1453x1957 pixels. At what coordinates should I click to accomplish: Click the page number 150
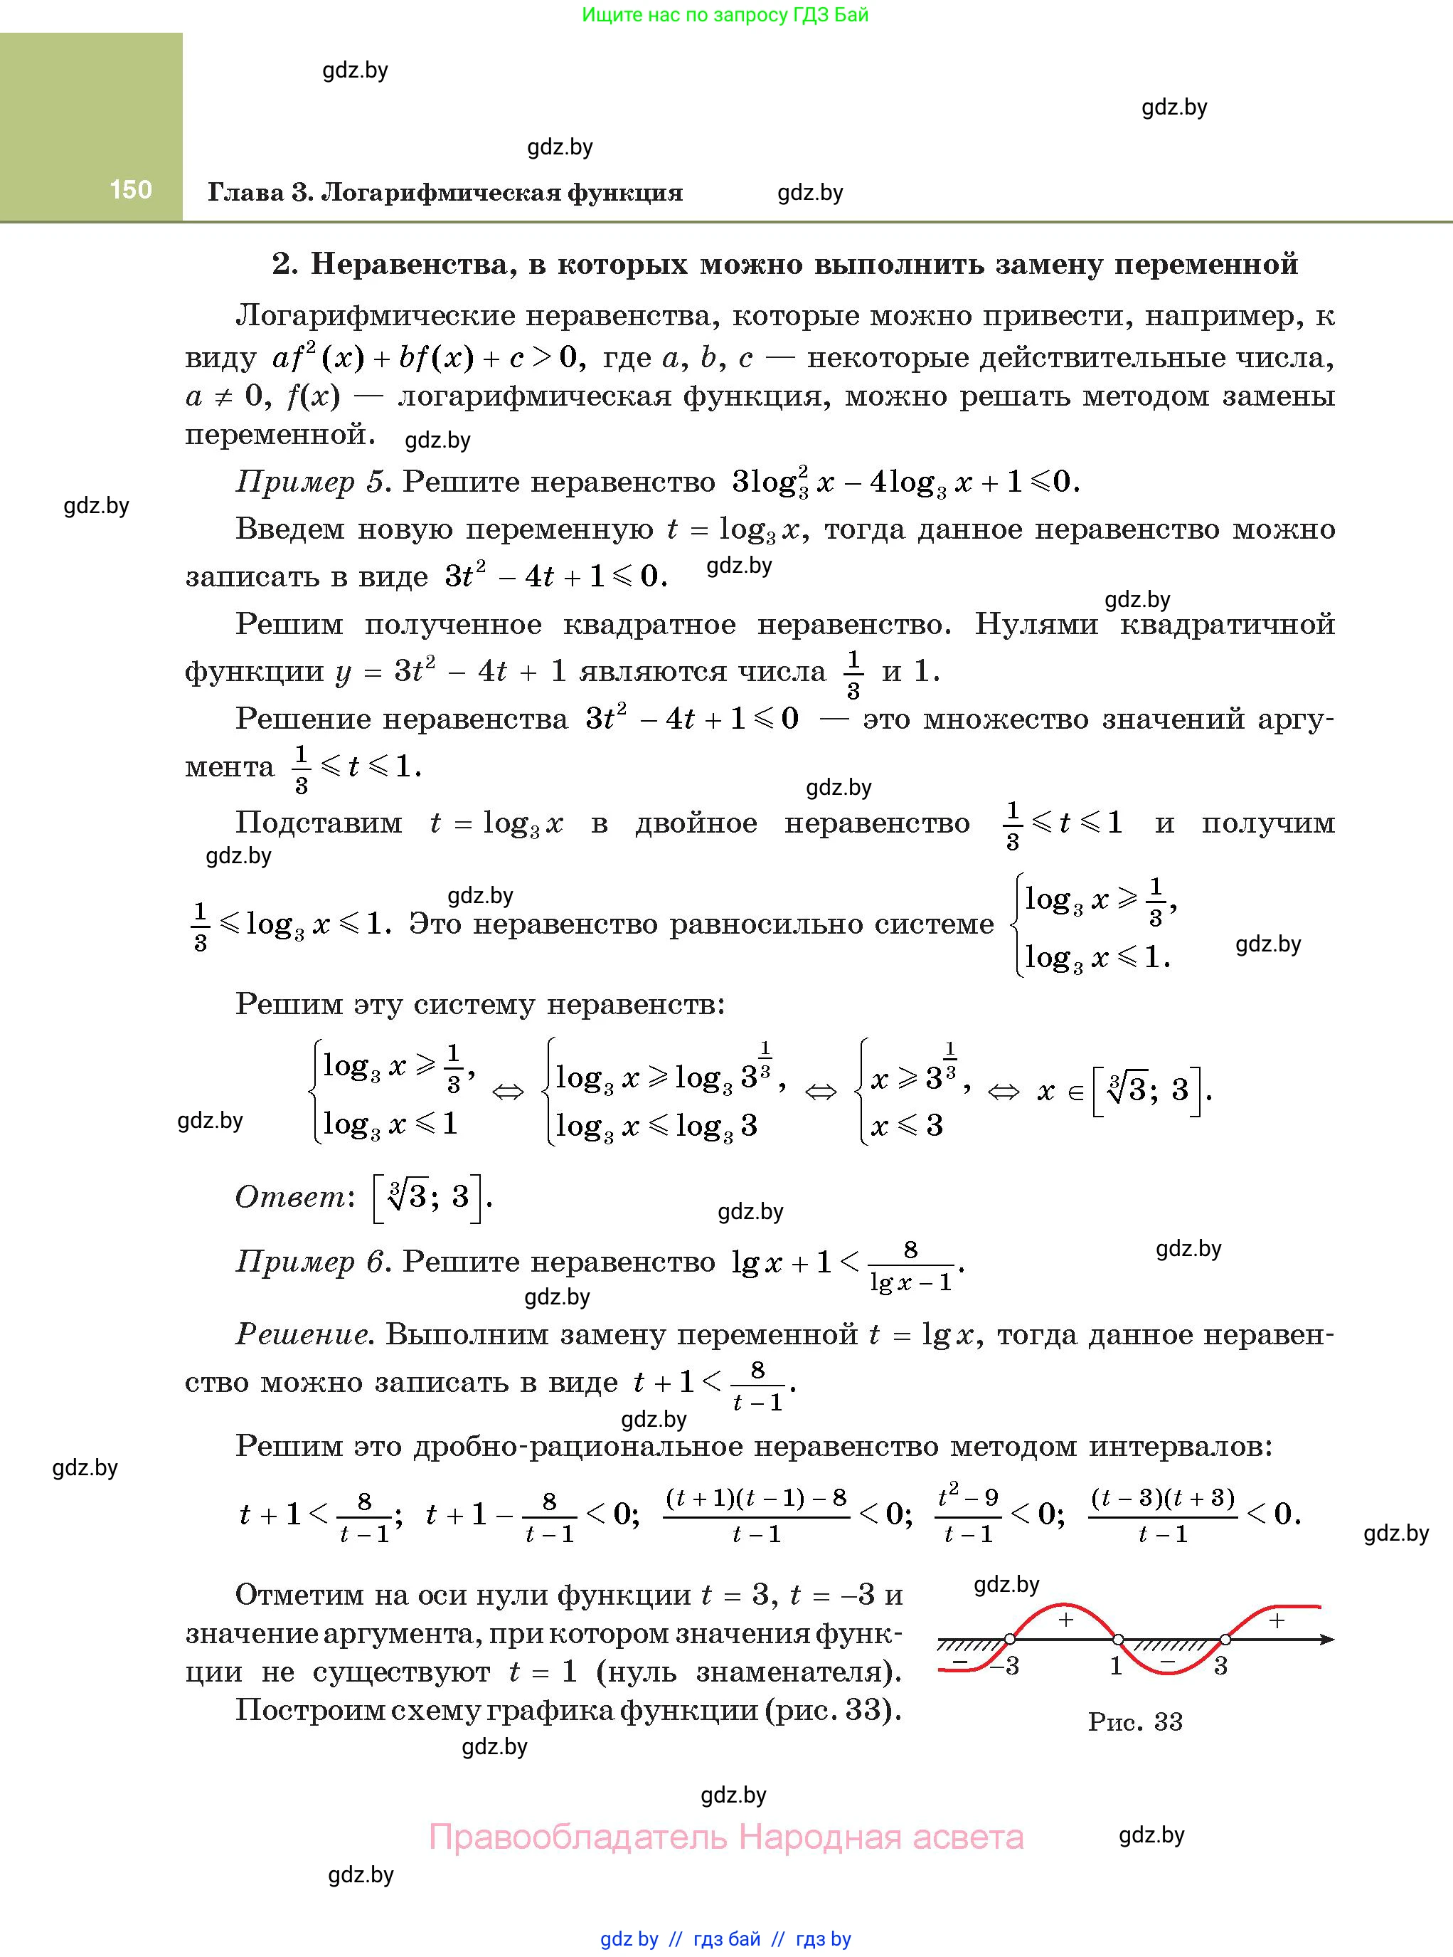[x=130, y=189]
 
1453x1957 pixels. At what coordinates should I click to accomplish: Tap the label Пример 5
[x=312, y=482]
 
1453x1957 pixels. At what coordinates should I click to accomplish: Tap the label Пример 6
[x=312, y=1262]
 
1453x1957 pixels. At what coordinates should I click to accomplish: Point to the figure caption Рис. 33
[x=1134, y=1722]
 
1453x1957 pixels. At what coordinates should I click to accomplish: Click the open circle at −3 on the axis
[x=1011, y=1640]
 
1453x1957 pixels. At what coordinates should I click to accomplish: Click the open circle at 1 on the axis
[x=1118, y=1640]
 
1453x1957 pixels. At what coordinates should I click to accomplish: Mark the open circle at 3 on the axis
[x=1225, y=1640]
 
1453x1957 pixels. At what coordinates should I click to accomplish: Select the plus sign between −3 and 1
[x=1065, y=1620]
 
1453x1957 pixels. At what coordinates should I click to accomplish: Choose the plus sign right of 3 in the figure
[x=1277, y=1620]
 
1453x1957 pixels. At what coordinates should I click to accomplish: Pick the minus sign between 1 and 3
[x=1167, y=1660]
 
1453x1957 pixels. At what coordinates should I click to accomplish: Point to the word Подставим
[x=319, y=823]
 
